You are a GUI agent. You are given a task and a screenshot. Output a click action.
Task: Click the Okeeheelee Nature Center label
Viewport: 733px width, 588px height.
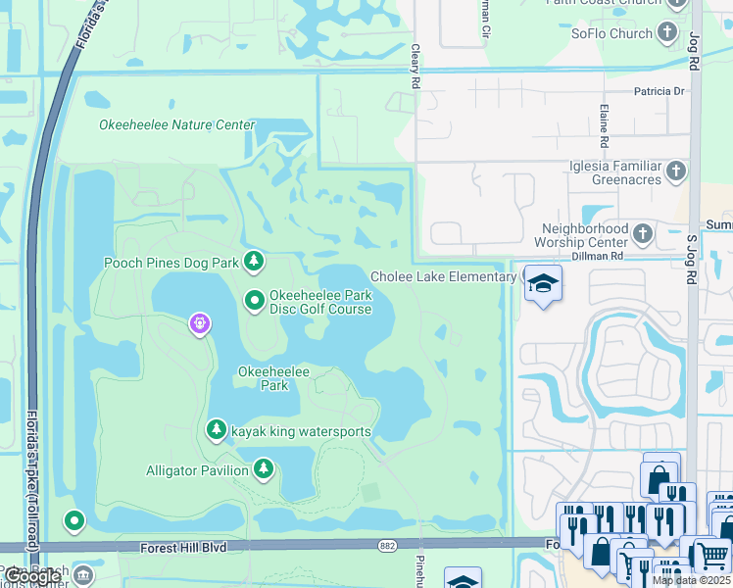(x=176, y=125)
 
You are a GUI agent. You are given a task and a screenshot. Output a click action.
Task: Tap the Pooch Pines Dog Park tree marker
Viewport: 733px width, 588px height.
(x=255, y=261)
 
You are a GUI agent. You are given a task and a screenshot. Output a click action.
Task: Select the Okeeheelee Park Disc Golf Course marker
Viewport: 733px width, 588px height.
(x=255, y=300)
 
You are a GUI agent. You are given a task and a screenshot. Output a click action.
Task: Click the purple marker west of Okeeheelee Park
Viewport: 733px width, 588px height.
(x=200, y=321)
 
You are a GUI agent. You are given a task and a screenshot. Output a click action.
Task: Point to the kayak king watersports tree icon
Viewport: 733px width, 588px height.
(x=217, y=429)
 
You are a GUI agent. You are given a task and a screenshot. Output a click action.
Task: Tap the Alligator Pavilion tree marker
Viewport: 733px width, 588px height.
(x=263, y=470)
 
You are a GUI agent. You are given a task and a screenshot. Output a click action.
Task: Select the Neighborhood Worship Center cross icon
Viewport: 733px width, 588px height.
(x=643, y=233)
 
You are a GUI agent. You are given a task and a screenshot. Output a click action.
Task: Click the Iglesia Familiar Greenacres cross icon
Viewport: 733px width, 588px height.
(x=675, y=172)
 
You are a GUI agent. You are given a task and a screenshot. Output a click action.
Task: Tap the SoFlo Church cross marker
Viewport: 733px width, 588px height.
(x=667, y=33)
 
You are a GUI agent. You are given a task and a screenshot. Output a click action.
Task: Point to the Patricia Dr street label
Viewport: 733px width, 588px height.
(x=659, y=92)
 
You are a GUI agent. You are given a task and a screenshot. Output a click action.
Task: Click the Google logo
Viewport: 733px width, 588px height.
(x=32, y=576)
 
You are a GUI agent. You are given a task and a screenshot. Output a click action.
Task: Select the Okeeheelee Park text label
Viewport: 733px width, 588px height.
(x=264, y=378)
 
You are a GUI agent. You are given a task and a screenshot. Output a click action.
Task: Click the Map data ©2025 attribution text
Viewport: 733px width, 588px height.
(x=691, y=580)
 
